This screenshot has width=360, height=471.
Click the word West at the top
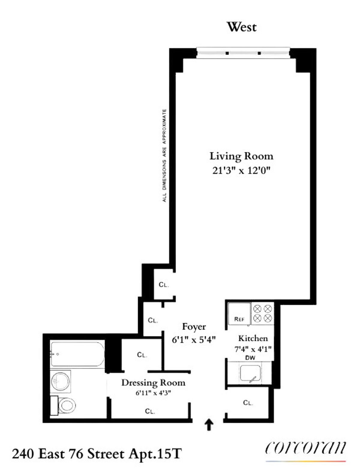pyautogui.click(x=242, y=27)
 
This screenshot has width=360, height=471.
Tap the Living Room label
pyautogui.click(x=241, y=156)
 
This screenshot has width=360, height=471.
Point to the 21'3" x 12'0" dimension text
pyautogui.click(x=241, y=171)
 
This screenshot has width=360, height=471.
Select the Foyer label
pyautogui.click(x=194, y=327)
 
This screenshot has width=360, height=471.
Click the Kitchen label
pyautogui.click(x=253, y=338)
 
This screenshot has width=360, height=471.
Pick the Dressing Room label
pyautogui.click(x=153, y=383)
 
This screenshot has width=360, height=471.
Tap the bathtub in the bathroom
pyautogui.click(x=77, y=354)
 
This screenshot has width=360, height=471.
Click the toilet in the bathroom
pyautogui.click(x=65, y=406)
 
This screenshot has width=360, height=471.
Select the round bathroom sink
pyautogui.click(x=61, y=381)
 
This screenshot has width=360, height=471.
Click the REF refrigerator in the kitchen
pyautogui.click(x=239, y=314)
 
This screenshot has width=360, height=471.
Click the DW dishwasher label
pyautogui.click(x=250, y=358)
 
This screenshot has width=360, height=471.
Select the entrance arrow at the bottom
pyautogui.click(x=208, y=425)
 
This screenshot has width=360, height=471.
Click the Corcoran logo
pyautogui.click(x=305, y=449)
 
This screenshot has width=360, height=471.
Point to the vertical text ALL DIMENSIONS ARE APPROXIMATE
pyautogui.click(x=164, y=155)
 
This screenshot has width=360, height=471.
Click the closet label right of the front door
pyautogui.click(x=248, y=403)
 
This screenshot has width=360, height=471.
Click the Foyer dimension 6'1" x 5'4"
pyautogui.click(x=194, y=340)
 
